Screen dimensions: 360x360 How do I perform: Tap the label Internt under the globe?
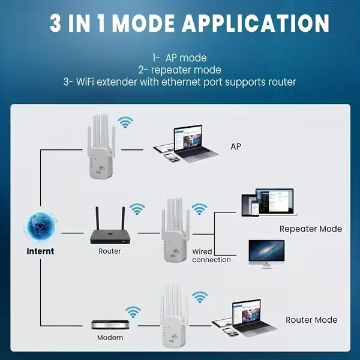tap(40, 251)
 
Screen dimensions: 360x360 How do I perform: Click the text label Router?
tap(109, 251)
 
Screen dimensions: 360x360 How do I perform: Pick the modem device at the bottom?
tap(109, 324)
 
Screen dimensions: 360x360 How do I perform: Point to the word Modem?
tap(110, 338)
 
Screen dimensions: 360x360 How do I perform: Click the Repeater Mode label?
tap(310, 229)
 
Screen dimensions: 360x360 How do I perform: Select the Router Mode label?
tap(311, 320)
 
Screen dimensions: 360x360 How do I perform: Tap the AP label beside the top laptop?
tap(236, 146)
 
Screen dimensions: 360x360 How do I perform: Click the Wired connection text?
tap(211, 256)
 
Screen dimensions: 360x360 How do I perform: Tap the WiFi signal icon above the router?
tap(137, 209)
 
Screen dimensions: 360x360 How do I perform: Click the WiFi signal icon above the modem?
tap(133, 310)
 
